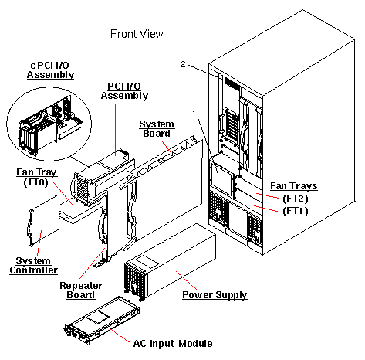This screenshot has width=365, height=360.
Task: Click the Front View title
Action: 137,34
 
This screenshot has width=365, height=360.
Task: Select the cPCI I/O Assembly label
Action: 51,69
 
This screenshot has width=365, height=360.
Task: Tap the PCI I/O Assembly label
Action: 125,90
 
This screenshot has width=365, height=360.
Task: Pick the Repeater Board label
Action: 78,290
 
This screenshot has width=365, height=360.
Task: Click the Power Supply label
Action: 215,295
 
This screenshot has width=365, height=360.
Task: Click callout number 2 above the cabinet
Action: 183,63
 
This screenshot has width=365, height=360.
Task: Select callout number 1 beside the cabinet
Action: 194,114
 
